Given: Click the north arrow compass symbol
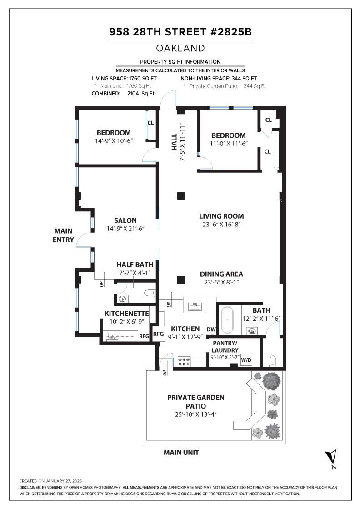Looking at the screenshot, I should point(332,457).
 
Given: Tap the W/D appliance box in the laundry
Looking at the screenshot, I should point(246,359).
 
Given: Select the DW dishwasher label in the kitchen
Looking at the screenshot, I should point(211,329).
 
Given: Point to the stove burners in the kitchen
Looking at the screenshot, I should point(185,361).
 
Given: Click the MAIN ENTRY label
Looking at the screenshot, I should point(63,235).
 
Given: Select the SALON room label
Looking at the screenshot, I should point(125,220).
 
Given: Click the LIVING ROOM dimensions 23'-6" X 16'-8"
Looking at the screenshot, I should point(221,225).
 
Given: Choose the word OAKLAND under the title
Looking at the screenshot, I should point(180,48).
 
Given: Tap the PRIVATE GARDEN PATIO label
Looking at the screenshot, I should point(195,401).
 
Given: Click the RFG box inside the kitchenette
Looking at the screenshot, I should point(144,336).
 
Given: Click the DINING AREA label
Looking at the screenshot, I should point(221,274).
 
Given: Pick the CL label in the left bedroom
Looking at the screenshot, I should point(151,123).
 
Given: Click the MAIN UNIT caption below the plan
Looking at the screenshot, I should point(181,452).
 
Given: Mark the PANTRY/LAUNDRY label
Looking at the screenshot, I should point(225,347).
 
